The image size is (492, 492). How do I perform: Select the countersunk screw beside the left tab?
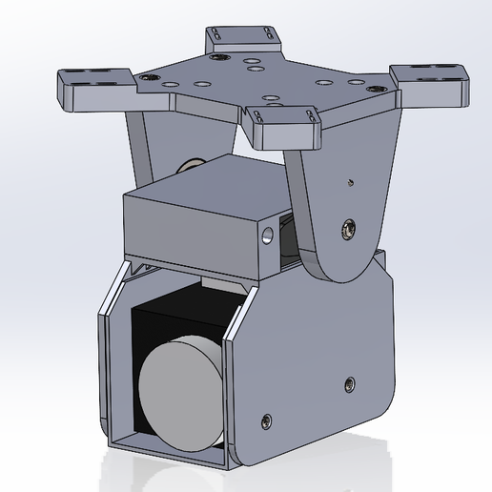tap(145, 77)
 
